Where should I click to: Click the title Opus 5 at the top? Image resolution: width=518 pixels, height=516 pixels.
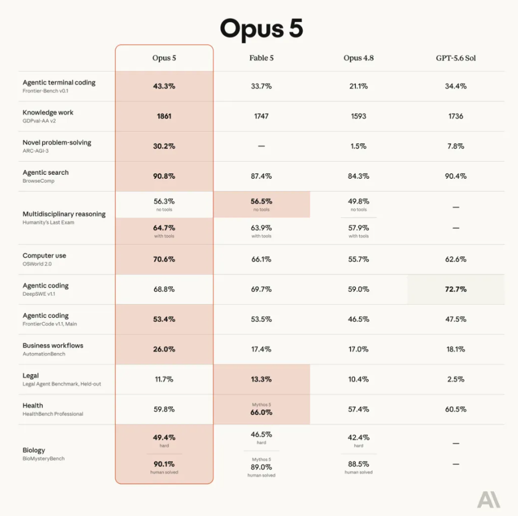(x=261, y=29)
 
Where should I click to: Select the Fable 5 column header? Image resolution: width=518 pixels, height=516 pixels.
(x=261, y=58)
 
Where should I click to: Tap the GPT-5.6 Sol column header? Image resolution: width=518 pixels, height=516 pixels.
(x=455, y=58)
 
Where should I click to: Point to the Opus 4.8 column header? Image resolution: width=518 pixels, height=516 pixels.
(x=359, y=58)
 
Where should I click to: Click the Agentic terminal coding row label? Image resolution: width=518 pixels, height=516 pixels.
(x=59, y=82)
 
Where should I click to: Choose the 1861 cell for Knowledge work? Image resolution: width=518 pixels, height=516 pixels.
(x=164, y=116)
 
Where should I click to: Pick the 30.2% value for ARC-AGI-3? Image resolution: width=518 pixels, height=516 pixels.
(x=164, y=146)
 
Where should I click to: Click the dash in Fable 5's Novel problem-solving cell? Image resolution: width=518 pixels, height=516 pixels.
(x=261, y=146)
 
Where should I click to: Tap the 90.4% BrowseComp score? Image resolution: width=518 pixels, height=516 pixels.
(x=455, y=176)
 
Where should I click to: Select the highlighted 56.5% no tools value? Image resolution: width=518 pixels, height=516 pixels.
(x=261, y=201)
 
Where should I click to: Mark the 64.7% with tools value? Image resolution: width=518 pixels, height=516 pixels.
(x=164, y=228)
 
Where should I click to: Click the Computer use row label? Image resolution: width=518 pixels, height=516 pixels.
(x=44, y=255)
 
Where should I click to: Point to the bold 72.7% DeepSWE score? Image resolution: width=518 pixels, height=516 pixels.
(x=455, y=289)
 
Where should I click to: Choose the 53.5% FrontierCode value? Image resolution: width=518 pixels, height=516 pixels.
(x=261, y=319)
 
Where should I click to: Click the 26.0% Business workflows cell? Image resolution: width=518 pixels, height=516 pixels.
(x=164, y=349)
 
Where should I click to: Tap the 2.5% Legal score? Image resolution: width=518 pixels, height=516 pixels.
(x=455, y=379)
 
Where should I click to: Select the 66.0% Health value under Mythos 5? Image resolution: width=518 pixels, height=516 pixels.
(x=261, y=412)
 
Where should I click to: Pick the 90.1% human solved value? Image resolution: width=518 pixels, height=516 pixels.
(x=164, y=464)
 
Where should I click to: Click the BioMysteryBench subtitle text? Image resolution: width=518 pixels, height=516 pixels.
(x=44, y=458)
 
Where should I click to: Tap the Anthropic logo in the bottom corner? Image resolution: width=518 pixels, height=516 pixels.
(x=488, y=499)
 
